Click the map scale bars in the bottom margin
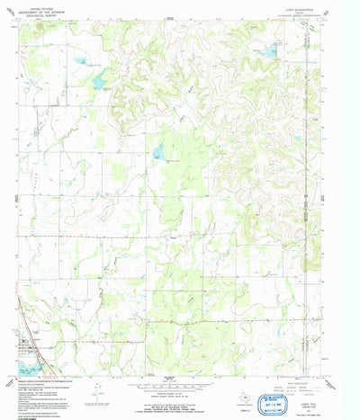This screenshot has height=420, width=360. [x=169, y=377]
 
